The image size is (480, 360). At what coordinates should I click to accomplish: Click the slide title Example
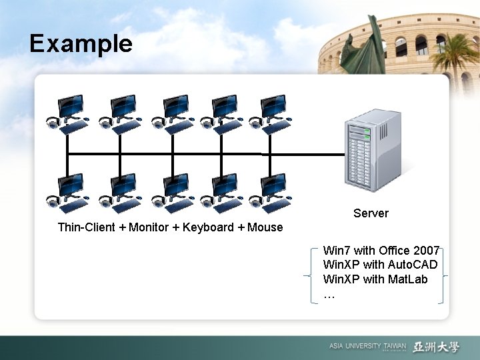(x=81, y=44)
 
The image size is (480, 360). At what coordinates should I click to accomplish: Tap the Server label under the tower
(x=371, y=213)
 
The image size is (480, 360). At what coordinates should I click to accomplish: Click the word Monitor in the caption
(x=149, y=227)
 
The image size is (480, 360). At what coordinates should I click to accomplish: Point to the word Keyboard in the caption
(x=208, y=227)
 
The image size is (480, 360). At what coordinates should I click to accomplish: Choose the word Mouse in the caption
(x=265, y=227)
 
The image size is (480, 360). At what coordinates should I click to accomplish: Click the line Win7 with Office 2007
(x=381, y=251)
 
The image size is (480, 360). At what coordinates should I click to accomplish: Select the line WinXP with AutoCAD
(x=380, y=265)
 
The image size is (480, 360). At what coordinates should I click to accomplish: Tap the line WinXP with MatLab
(x=375, y=279)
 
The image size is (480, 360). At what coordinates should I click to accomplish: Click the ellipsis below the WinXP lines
(x=329, y=294)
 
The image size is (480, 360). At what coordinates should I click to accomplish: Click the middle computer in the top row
(x=173, y=114)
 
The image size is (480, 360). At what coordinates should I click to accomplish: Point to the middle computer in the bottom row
(x=173, y=192)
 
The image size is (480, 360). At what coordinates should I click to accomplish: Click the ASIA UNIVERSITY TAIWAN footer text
(x=367, y=347)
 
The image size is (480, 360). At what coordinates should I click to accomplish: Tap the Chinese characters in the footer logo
(x=436, y=347)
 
